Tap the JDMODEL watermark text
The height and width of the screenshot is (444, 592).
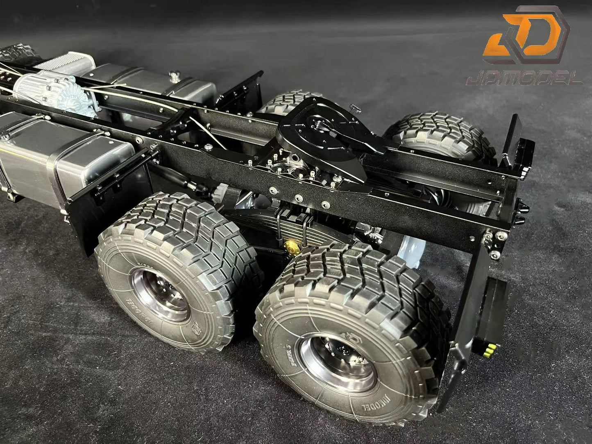point(532,78)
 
